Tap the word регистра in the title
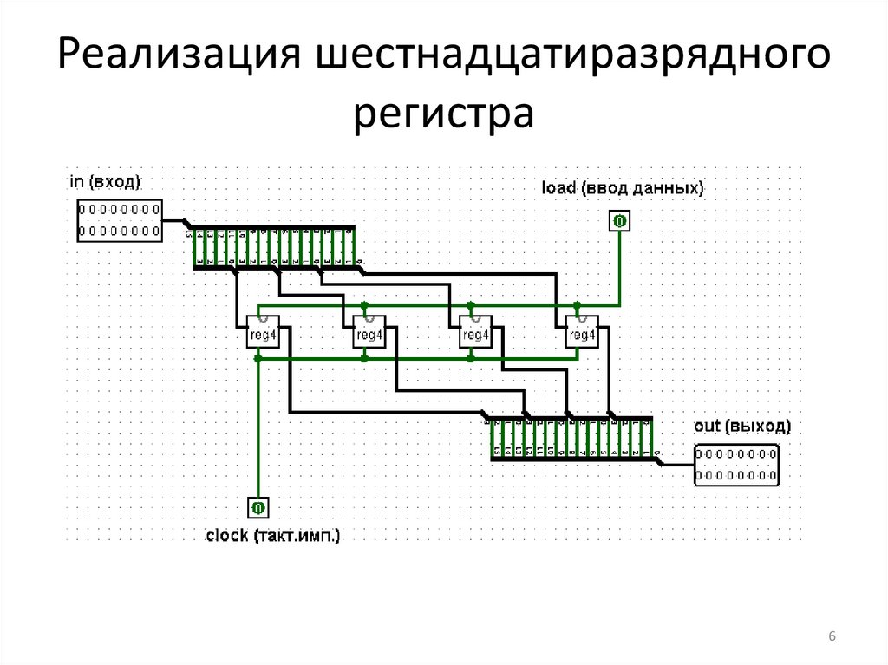tap(443, 115)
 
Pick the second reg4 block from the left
tap(369, 334)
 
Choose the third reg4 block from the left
tap(475, 334)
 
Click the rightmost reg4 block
tap(582, 334)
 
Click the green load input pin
tap(619, 222)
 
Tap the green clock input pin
tap(258, 507)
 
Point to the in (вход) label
tap(105, 182)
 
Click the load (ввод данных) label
tap(622, 187)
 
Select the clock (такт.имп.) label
tap(273, 535)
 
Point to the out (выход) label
tap(742, 427)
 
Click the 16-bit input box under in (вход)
tap(119, 220)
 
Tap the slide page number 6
tap(832, 638)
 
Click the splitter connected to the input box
tap(273, 248)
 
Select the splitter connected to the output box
tap(571, 440)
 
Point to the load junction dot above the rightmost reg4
tap(577, 305)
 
